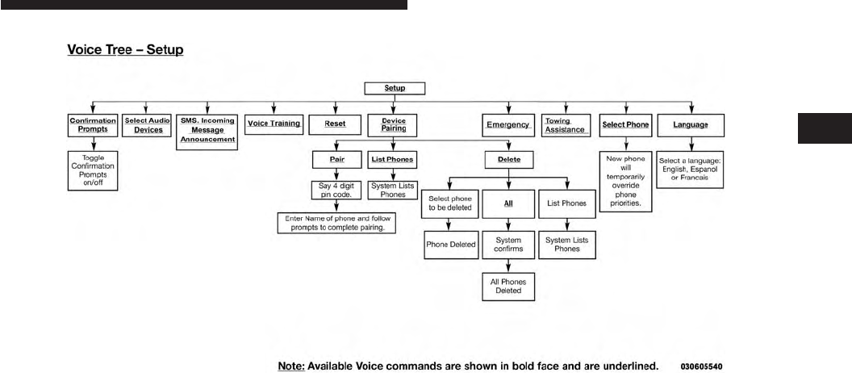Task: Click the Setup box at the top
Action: pos(395,87)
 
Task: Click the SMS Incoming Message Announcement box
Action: pos(207,129)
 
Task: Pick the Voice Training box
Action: pos(274,124)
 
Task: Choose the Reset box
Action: pos(335,125)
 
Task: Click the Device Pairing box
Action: pos(393,125)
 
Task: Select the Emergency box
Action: pos(507,125)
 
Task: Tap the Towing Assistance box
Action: pos(565,125)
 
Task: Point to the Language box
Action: pos(691,125)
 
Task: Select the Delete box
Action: pos(507,160)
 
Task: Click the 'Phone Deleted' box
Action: pos(451,244)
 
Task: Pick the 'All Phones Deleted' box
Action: pos(508,287)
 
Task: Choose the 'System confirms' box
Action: pos(508,244)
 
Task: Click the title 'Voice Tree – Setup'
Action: pos(125,50)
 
